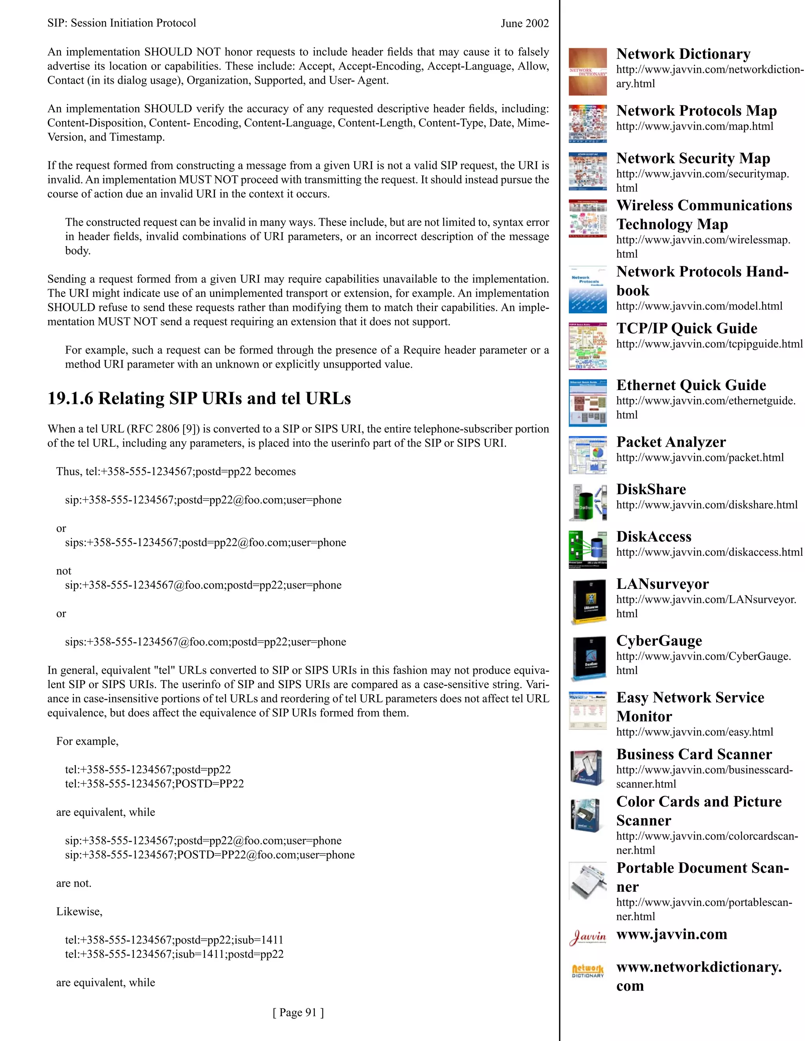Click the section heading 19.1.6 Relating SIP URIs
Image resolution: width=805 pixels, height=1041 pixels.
(x=199, y=398)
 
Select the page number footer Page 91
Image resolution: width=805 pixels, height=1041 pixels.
(x=298, y=1012)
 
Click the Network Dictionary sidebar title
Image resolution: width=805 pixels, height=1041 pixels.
(x=683, y=54)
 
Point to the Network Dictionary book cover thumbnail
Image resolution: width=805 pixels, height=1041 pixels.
(x=588, y=71)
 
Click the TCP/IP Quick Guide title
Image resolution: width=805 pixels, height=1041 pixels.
(x=686, y=328)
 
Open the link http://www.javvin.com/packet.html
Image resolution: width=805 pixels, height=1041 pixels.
(x=700, y=458)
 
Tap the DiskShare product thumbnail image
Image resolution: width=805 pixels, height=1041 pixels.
(x=588, y=502)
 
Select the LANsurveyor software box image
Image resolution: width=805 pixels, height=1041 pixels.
(x=588, y=601)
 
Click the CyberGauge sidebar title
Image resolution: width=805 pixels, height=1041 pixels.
(x=659, y=641)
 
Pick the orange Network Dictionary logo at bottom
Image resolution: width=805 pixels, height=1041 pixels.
(x=588, y=970)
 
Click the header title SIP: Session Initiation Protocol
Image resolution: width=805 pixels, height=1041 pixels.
(x=121, y=23)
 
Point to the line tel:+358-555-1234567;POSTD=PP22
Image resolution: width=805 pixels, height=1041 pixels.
(x=154, y=784)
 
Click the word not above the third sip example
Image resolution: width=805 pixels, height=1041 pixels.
(x=63, y=571)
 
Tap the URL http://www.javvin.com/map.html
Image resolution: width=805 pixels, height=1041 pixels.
(x=695, y=126)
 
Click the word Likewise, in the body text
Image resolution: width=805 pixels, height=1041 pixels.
(x=79, y=911)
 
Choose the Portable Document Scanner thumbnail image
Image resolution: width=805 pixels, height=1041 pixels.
(x=588, y=881)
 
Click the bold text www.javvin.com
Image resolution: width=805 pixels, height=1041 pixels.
(x=671, y=934)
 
